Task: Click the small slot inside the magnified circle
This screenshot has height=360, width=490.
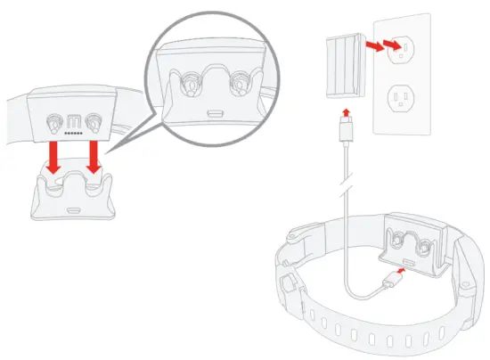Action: pyautogui.click(x=214, y=111)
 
